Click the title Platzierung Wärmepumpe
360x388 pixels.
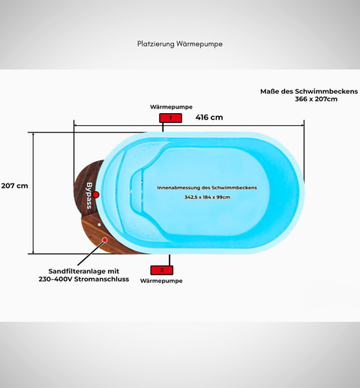click(180, 44)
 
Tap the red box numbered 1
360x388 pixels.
click(170, 118)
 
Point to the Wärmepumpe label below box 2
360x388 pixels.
click(163, 280)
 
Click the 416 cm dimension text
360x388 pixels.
click(209, 118)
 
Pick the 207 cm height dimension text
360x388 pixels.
click(14, 185)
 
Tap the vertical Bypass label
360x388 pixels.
click(90, 193)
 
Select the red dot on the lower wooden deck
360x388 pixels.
click(105, 240)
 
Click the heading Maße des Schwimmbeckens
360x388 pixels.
click(298, 90)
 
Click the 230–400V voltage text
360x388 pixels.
click(56, 279)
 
